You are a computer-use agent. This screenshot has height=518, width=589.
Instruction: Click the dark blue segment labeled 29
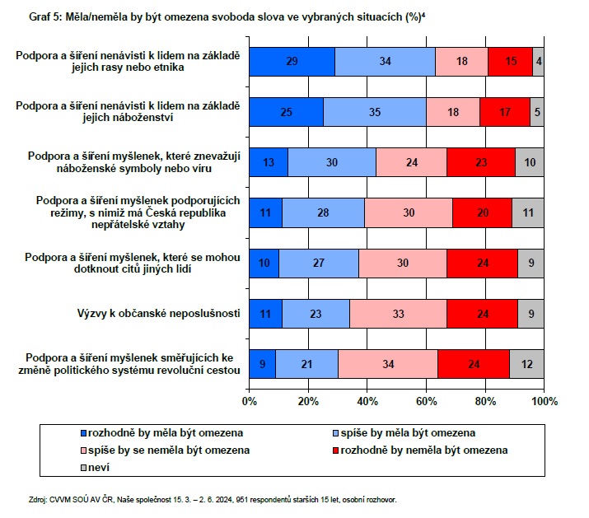coord(292,62)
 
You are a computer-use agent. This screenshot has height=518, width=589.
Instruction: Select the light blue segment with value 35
coord(375,112)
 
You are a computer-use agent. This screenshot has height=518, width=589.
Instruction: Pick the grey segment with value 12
coord(526,364)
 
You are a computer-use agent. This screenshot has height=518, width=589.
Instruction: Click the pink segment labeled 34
coord(387,364)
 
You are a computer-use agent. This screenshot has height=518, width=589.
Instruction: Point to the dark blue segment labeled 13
coord(269,162)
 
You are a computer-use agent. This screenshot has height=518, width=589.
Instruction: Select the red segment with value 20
coord(482,212)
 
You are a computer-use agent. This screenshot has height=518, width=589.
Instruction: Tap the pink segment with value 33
coord(398,314)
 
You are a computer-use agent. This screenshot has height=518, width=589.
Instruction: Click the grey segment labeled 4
coord(538,62)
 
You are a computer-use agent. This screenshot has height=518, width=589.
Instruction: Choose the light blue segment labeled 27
coord(319,264)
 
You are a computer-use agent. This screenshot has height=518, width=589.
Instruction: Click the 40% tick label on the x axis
coord(367,401)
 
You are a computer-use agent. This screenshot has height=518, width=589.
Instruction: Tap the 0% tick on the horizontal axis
coord(250,401)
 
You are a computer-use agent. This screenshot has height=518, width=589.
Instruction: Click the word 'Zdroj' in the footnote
coord(38,499)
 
